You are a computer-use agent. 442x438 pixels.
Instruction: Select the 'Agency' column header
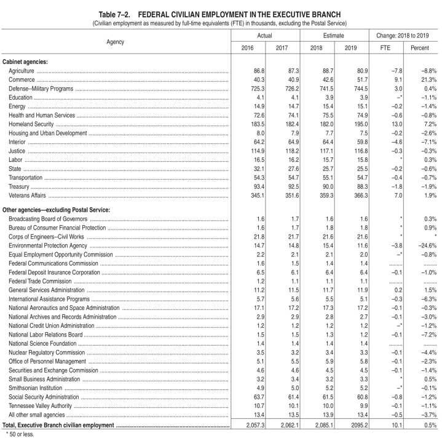click(114, 42)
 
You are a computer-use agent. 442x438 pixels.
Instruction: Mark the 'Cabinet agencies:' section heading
click(25, 62)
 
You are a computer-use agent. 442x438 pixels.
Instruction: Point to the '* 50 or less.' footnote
click(18, 433)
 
